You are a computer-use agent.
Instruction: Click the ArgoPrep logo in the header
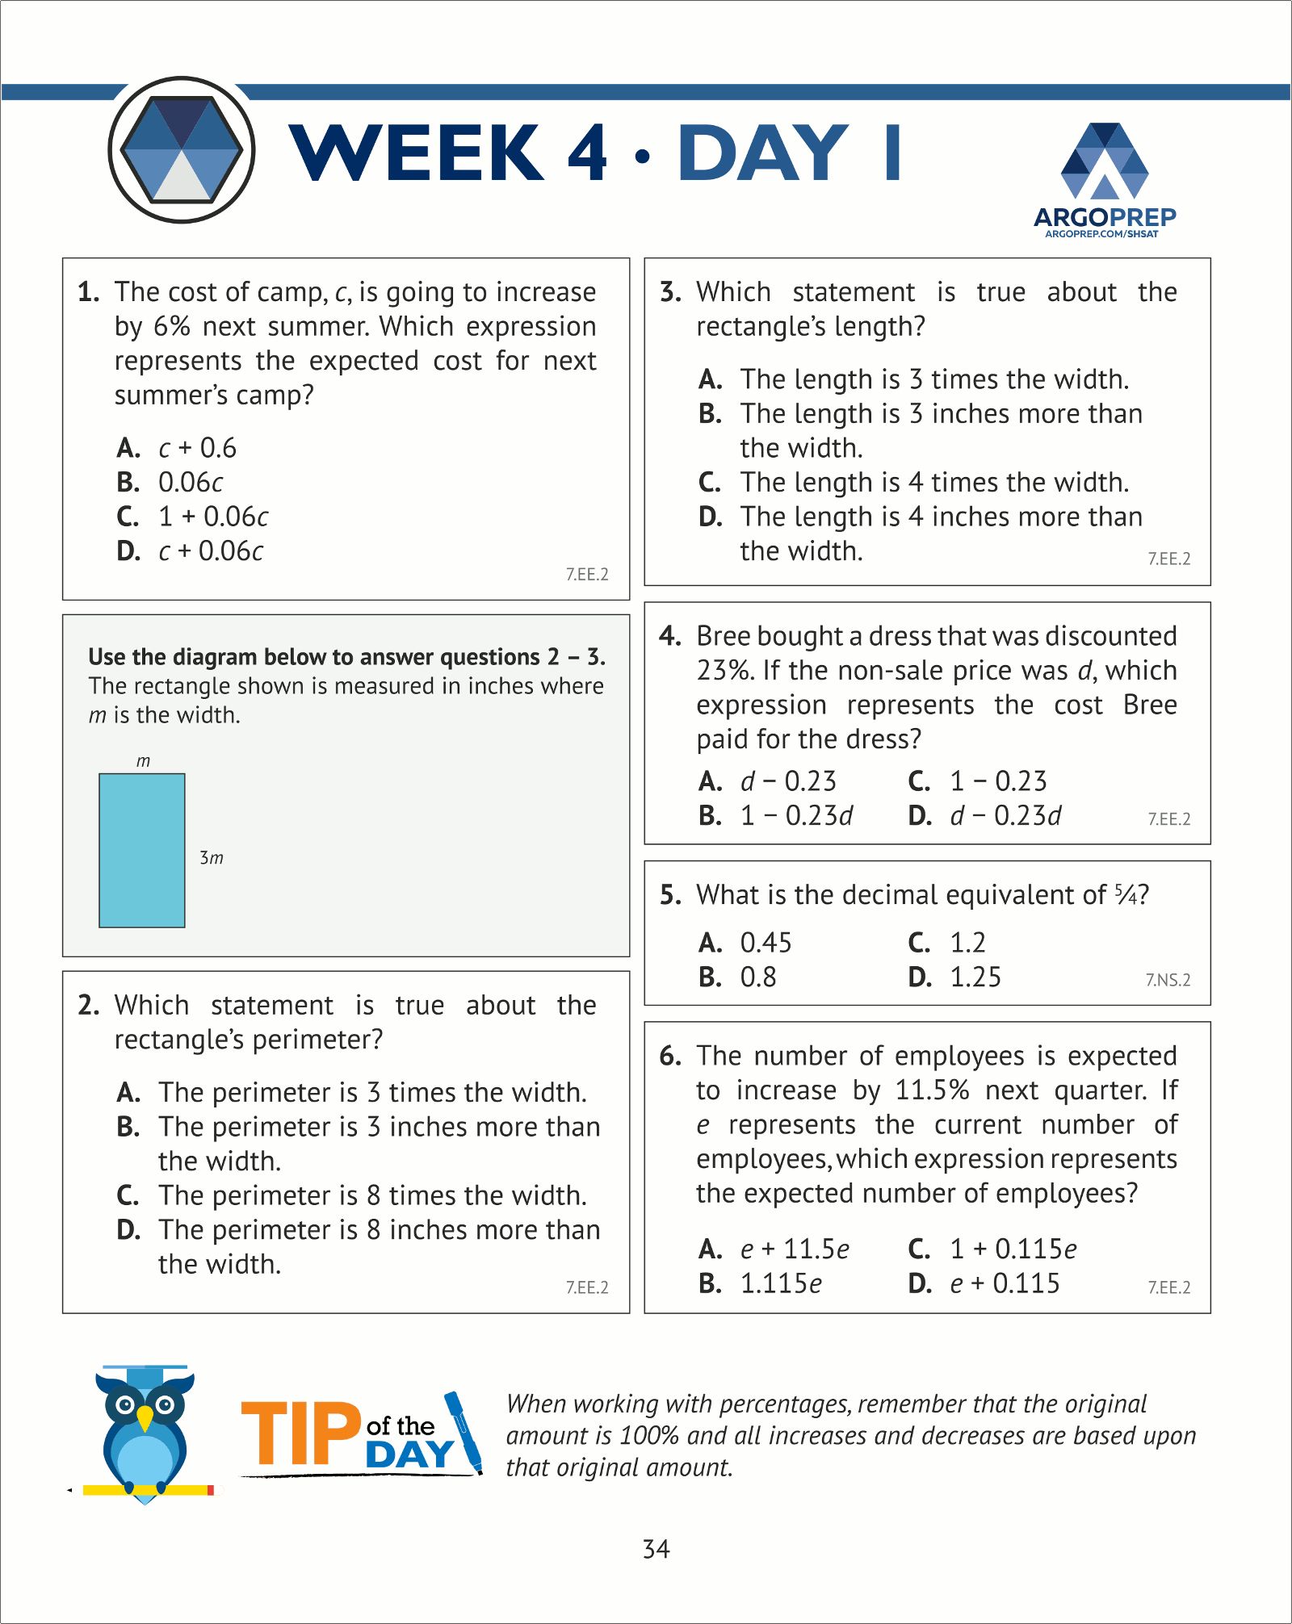[x=1104, y=179]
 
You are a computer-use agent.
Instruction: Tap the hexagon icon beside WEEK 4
[x=182, y=150]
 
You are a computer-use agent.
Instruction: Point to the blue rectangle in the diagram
[x=142, y=850]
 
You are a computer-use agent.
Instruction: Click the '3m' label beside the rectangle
[x=212, y=857]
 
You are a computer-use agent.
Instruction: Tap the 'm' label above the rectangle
[x=143, y=761]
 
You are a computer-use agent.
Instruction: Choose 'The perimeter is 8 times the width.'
[x=371, y=1195]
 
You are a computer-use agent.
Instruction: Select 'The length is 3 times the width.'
[x=934, y=379]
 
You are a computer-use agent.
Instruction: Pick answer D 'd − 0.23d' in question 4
[x=1005, y=816]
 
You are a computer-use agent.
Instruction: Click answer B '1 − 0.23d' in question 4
[x=796, y=816]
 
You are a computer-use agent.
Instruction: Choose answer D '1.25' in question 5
[x=975, y=977]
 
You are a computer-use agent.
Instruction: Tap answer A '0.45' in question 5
[x=766, y=943]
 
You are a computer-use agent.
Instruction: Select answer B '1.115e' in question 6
[x=781, y=1283]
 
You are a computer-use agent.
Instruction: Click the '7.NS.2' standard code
[x=1168, y=980]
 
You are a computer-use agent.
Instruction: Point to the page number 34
[x=656, y=1549]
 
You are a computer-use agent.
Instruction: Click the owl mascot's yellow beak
[x=145, y=1417]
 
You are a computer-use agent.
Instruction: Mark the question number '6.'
[x=670, y=1056]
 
